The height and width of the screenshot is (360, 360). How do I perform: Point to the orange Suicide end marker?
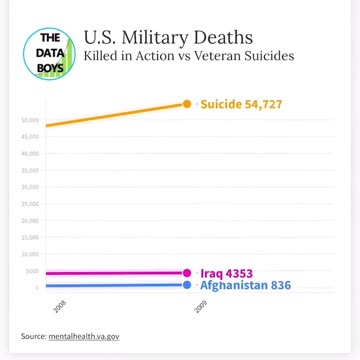click(186, 104)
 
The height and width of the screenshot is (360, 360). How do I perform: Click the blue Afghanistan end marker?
click(186, 285)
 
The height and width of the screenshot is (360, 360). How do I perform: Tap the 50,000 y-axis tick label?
click(30, 121)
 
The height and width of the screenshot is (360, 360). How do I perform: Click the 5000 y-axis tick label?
click(32, 271)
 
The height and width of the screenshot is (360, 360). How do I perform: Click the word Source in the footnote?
click(32, 336)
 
